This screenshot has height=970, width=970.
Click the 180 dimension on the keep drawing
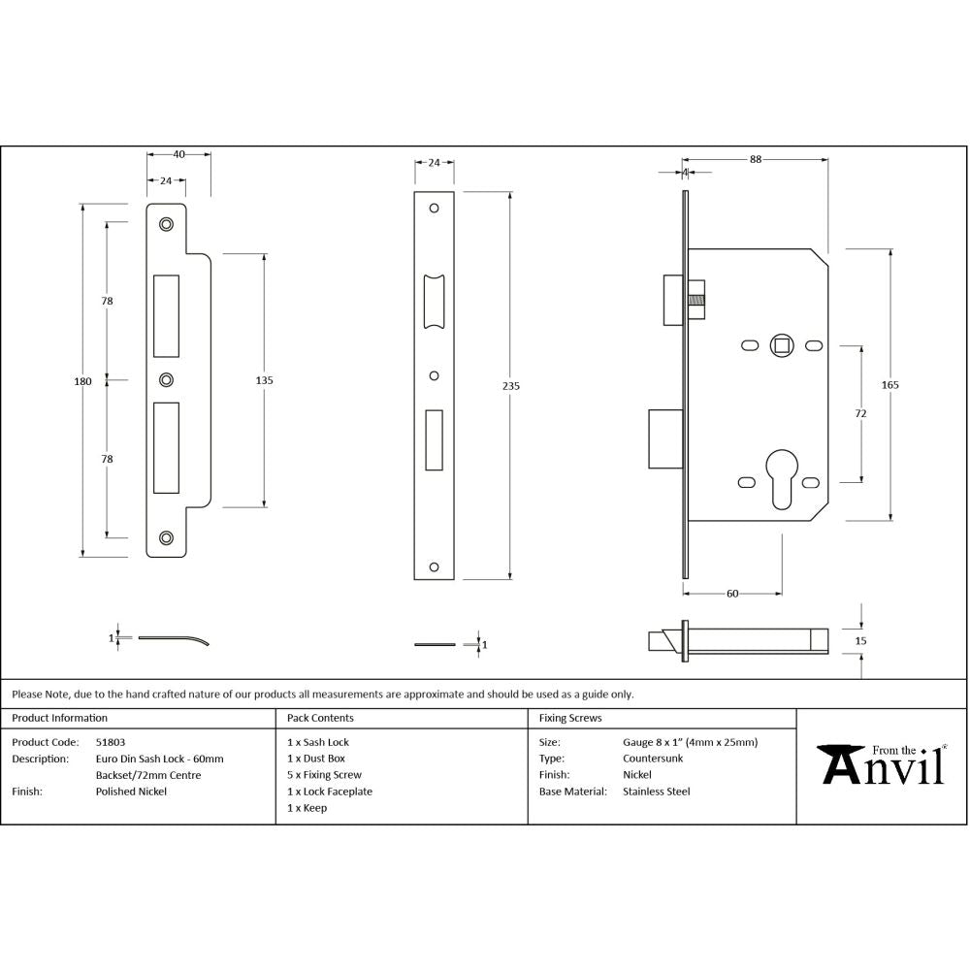82,381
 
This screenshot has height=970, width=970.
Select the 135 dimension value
264,380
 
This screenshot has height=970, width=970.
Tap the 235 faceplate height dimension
511,386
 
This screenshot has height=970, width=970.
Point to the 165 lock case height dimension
890,385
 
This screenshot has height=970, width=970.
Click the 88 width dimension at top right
756,161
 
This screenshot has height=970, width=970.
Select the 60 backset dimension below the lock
732,593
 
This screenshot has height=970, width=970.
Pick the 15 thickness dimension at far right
861,641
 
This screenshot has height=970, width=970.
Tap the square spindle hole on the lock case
781,344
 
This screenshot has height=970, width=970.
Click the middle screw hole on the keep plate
166,379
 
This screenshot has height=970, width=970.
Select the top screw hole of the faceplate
435,208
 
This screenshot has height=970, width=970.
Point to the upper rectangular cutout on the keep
166,315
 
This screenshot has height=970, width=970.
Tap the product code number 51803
111,742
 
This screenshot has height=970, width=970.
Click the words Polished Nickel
131,792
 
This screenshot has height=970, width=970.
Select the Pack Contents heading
320,719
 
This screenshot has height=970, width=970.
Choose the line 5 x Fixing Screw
324,775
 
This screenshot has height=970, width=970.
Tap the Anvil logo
883,763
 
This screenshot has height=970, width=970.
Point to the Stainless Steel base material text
656,792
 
